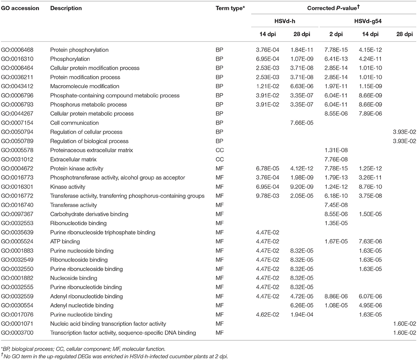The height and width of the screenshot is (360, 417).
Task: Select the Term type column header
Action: click(x=230, y=8)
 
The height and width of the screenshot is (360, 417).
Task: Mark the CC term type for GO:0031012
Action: click(x=220, y=159)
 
